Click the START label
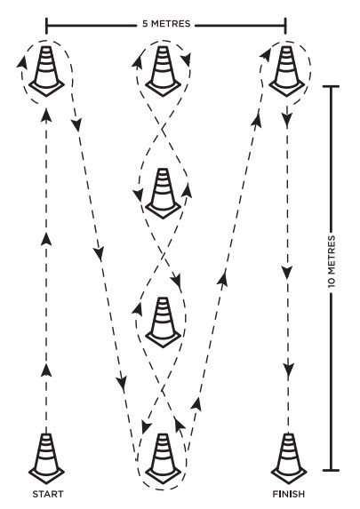click(48, 494)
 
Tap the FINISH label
click(289, 494)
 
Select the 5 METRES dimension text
click(166, 24)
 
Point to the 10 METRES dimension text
click(331, 261)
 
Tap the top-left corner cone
click(46, 71)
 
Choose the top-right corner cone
click(286, 71)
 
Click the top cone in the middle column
click(163, 71)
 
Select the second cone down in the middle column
click(163, 194)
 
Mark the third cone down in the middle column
click(163, 322)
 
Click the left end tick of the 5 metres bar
click(46, 26)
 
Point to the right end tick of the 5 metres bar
click(285, 26)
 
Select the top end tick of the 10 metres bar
click(331, 86)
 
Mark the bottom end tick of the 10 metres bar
click(331, 470)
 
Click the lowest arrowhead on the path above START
click(46, 370)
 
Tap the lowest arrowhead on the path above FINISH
click(288, 370)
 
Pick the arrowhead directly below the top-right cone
click(286, 120)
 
